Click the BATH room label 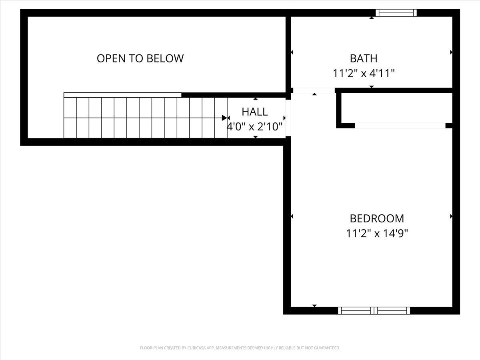(x=363, y=58)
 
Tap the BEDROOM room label (x=377, y=218)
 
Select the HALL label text (x=254, y=112)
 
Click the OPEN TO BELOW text (x=140, y=58)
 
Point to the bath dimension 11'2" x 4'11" (x=364, y=74)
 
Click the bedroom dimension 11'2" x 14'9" (x=377, y=233)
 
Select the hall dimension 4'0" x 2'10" (x=255, y=127)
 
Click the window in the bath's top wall (x=396, y=13)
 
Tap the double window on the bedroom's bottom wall (x=374, y=310)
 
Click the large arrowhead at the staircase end (x=225, y=118)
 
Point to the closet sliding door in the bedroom (x=400, y=126)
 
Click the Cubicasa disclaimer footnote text (x=240, y=348)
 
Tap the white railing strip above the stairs (x=122, y=95)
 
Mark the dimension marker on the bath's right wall (x=451, y=52)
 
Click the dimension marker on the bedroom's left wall (x=292, y=216)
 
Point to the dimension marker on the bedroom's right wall (x=451, y=216)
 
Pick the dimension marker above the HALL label (x=256, y=99)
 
